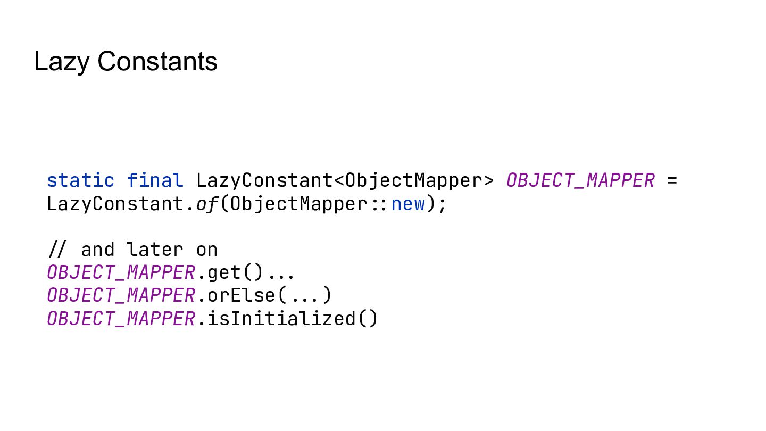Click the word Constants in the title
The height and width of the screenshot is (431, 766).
(x=157, y=62)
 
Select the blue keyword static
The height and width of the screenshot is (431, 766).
(x=80, y=181)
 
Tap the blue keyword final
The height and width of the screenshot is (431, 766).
(x=155, y=181)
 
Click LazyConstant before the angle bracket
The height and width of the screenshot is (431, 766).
(x=264, y=181)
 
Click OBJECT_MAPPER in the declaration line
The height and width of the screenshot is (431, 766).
(x=580, y=181)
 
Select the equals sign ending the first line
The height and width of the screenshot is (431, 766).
(x=672, y=181)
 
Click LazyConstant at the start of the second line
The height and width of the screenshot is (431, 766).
(x=115, y=204)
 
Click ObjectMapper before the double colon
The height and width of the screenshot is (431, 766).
(x=298, y=204)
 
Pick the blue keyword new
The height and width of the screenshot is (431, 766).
(x=408, y=204)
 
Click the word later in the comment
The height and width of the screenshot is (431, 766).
(x=155, y=250)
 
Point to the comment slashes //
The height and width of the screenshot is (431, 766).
(x=58, y=250)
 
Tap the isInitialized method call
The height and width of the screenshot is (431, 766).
(x=281, y=319)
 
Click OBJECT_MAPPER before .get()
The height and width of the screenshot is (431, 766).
(x=121, y=272)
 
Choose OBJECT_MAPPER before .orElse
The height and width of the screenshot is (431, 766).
(x=121, y=295)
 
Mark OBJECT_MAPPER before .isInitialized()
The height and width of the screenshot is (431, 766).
(x=121, y=319)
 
